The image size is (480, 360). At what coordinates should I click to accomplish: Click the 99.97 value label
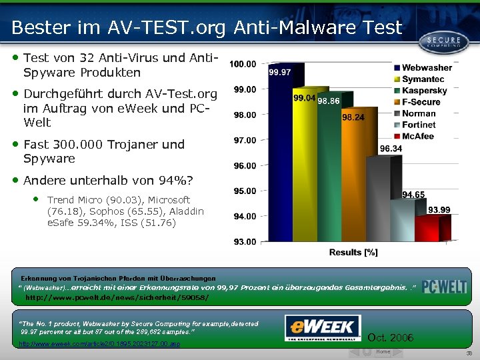pyautogui.click(x=279, y=72)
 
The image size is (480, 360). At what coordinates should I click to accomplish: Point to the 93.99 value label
pyautogui.click(x=439, y=209)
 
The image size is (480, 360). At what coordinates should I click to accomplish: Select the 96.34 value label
pyautogui.click(x=391, y=149)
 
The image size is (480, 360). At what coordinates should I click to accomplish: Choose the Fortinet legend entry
pyautogui.click(x=418, y=125)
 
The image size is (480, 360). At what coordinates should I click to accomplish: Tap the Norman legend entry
pyautogui.click(x=418, y=113)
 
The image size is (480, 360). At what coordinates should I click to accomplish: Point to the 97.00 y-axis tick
pyautogui.click(x=243, y=140)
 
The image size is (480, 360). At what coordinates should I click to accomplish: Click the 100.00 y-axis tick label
pyautogui.click(x=242, y=64)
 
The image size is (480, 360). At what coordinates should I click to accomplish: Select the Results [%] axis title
pyautogui.click(x=353, y=252)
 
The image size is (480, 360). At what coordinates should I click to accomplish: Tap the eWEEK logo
pyautogui.click(x=323, y=327)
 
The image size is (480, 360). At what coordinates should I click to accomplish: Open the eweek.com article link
pyautogui.click(x=99, y=344)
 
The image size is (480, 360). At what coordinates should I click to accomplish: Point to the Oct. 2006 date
pyautogui.click(x=395, y=338)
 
